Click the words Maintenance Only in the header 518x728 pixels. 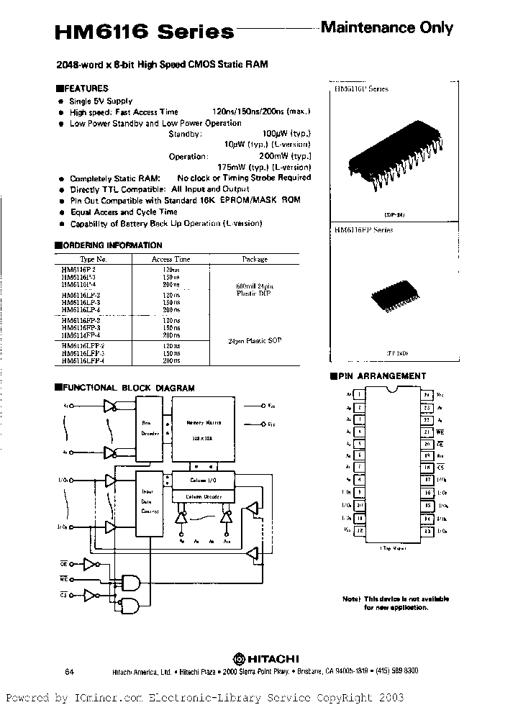coord(386,28)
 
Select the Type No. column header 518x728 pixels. coord(93,259)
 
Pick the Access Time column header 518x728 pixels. coord(171,259)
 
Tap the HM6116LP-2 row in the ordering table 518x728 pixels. coord(81,296)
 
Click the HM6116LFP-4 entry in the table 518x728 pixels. coord(83,360)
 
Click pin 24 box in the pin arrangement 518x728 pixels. coord(427,395)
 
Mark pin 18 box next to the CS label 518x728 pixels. coord(427,468)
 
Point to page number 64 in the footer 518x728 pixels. coord(70,670)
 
